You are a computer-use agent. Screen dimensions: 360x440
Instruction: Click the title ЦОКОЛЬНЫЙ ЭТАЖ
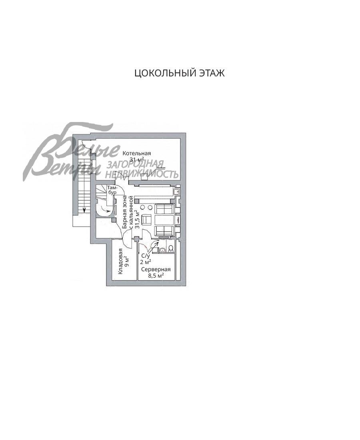pyautogui.click(x=179, y=73)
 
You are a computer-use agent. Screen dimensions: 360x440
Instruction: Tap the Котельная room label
pyautogui.click(x=137, y=153)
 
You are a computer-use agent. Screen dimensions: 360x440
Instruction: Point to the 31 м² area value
pyautogui.click(x=137, y=160)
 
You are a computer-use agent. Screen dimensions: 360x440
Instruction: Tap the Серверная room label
pyautogui.click(x=156, y=269)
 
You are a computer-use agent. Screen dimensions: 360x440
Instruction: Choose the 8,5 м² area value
pyautogui.click(x=156, y=276)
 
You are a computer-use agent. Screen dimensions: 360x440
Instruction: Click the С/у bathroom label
pyautogui.click(x=145, y=256)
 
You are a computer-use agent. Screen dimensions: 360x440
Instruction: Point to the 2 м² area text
pyautogui.click(x=145, y=262)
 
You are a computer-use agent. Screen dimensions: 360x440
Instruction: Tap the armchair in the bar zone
pyautogui.click(x=147, y=220)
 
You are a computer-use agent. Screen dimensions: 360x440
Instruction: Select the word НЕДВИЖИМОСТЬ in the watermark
pyautogui.click(x=142, y=174)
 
